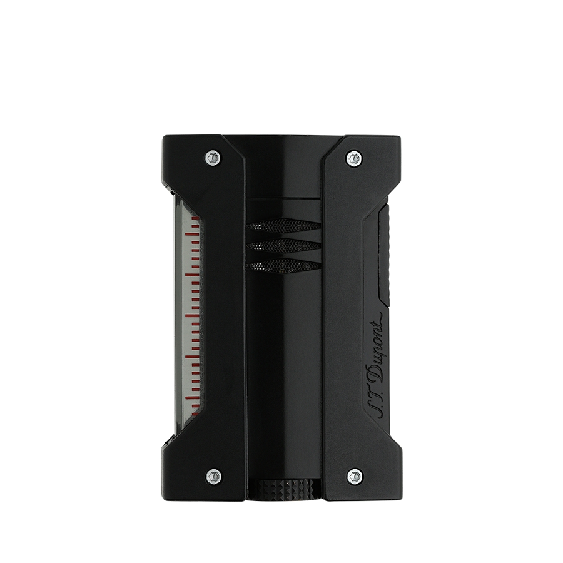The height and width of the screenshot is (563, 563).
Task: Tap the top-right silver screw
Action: tap(354, 157)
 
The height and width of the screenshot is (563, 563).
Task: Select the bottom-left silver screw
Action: tap(213, 476)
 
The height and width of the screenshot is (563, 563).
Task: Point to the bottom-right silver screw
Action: tap(355, 476)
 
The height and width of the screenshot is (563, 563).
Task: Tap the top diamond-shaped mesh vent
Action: tap(283, 225)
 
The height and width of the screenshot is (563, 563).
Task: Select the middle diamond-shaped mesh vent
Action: tap(283, 245)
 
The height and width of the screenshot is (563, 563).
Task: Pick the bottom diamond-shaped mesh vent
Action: tap(283, 265)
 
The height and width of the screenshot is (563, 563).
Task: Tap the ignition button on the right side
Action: tap(385, 256)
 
